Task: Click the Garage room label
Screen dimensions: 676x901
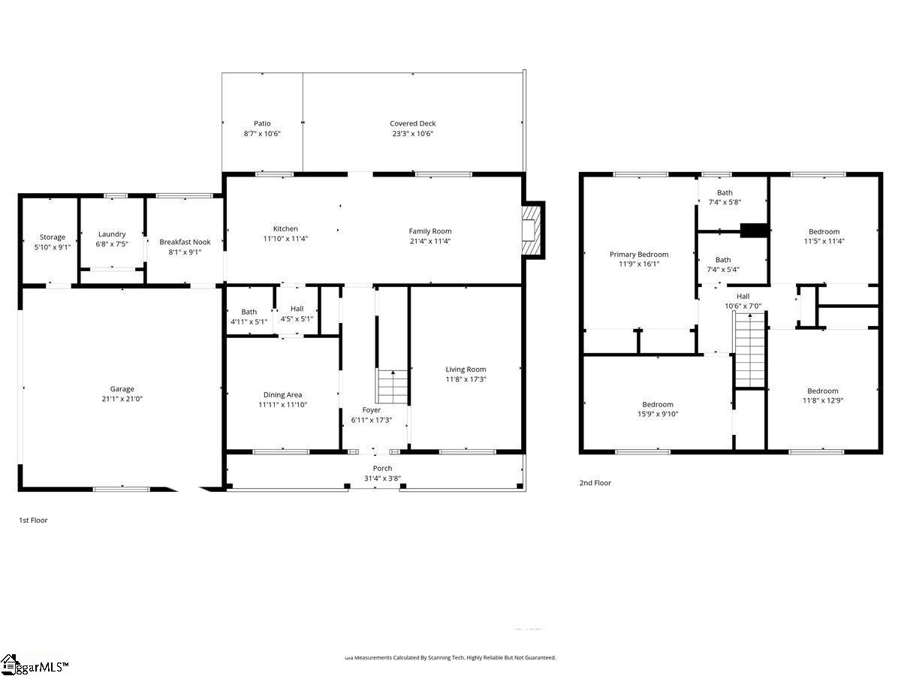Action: (x=122, y=389)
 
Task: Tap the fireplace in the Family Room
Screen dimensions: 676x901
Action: (x=532, y=230)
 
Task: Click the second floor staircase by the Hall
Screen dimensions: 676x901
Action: (x=749, y=350)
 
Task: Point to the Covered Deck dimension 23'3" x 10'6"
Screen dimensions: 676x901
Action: (x=412, y=134)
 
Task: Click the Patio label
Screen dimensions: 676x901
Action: (x=261, y=123)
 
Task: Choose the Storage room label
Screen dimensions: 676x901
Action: (x=53, y=237)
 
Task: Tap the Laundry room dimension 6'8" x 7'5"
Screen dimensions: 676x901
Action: (x=111, y=244)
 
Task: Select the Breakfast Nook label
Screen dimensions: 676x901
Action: (x=185, y=242)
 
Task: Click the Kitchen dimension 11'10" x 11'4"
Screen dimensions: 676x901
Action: (x=285, y=239)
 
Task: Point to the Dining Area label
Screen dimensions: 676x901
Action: (x=282, y=394)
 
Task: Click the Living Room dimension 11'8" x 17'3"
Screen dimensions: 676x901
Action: (x=466, y=379)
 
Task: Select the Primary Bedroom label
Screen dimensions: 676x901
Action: (x=638, y=254)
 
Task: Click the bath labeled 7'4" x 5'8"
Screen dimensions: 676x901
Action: (x=723, y=198)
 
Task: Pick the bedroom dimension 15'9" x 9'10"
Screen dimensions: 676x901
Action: (x=657, y=414)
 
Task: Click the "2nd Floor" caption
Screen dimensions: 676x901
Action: (x=595, y=483)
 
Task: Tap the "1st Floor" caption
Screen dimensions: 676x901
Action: (x=33, y=520)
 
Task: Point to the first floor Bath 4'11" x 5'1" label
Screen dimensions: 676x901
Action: (x=249, y=312)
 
